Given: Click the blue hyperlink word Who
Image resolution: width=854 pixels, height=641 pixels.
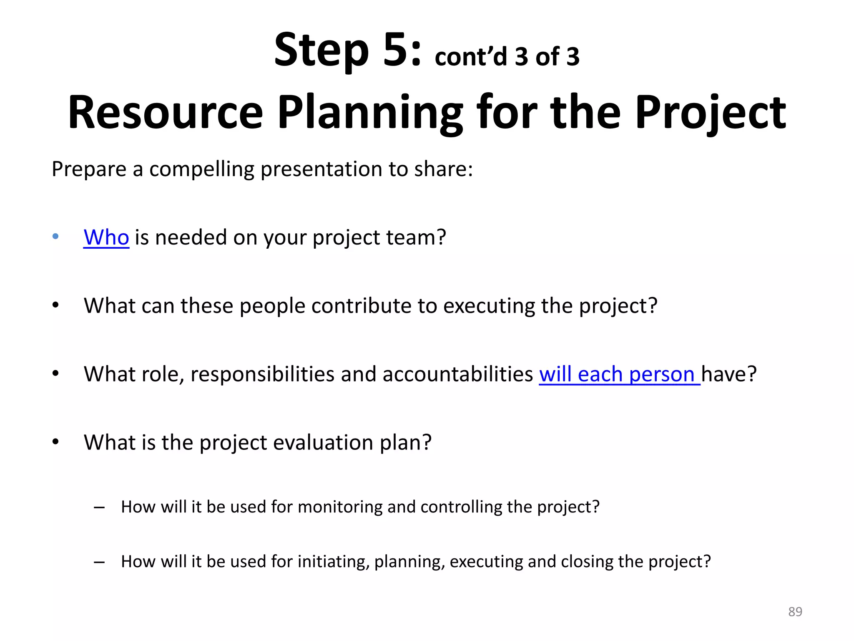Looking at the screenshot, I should coord(106,237).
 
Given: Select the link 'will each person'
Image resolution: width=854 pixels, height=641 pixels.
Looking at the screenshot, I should coord(619,374).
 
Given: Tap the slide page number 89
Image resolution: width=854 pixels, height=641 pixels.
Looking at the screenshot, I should coord(795,612).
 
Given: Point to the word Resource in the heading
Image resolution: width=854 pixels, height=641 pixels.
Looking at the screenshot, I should coord(165,113).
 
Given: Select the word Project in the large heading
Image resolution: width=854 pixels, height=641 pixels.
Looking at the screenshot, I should coord(711,113).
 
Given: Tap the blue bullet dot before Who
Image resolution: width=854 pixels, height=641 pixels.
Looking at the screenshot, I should coord(55,237).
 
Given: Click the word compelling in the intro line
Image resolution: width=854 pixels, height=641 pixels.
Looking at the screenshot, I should coord(202,169).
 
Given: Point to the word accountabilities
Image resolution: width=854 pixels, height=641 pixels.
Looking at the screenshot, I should coord(457,374).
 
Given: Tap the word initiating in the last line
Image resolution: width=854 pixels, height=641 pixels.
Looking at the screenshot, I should coord(334,562).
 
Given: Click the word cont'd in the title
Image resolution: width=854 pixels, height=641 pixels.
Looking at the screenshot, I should coord(471,57).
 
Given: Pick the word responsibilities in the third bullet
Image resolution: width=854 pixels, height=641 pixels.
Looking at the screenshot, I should coord(262,374).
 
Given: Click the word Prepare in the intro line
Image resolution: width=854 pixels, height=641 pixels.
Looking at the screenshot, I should coord(89,169).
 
